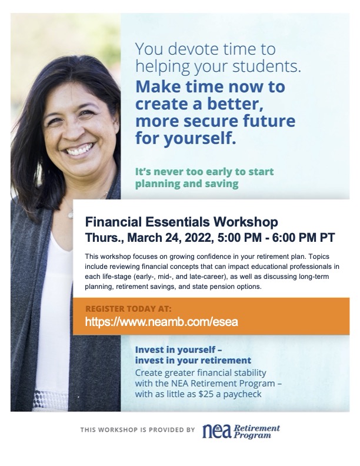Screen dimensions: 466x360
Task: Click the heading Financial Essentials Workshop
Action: (182, 223)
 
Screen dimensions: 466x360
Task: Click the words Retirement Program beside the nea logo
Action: (257, 431)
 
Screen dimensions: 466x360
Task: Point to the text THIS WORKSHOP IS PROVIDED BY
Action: (138, 430)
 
